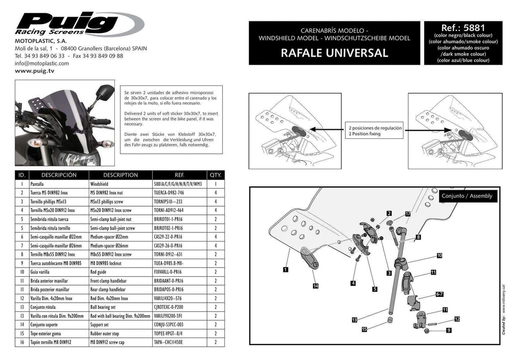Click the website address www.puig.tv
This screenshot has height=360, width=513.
35,71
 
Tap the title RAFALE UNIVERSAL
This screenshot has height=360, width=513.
334,53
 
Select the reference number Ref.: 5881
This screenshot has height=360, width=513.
463,28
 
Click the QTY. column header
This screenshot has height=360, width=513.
215,175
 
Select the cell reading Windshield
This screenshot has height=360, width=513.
102,183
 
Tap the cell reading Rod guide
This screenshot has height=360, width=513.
102,271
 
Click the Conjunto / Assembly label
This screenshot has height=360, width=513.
467,196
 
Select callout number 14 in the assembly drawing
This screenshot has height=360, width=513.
315,286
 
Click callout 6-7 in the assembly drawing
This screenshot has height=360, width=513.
439,294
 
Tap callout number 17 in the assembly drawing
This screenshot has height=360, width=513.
407,214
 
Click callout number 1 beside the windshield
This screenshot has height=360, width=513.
286,269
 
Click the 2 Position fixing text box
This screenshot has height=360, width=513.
375,131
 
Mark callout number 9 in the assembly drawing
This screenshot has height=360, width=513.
448,330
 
